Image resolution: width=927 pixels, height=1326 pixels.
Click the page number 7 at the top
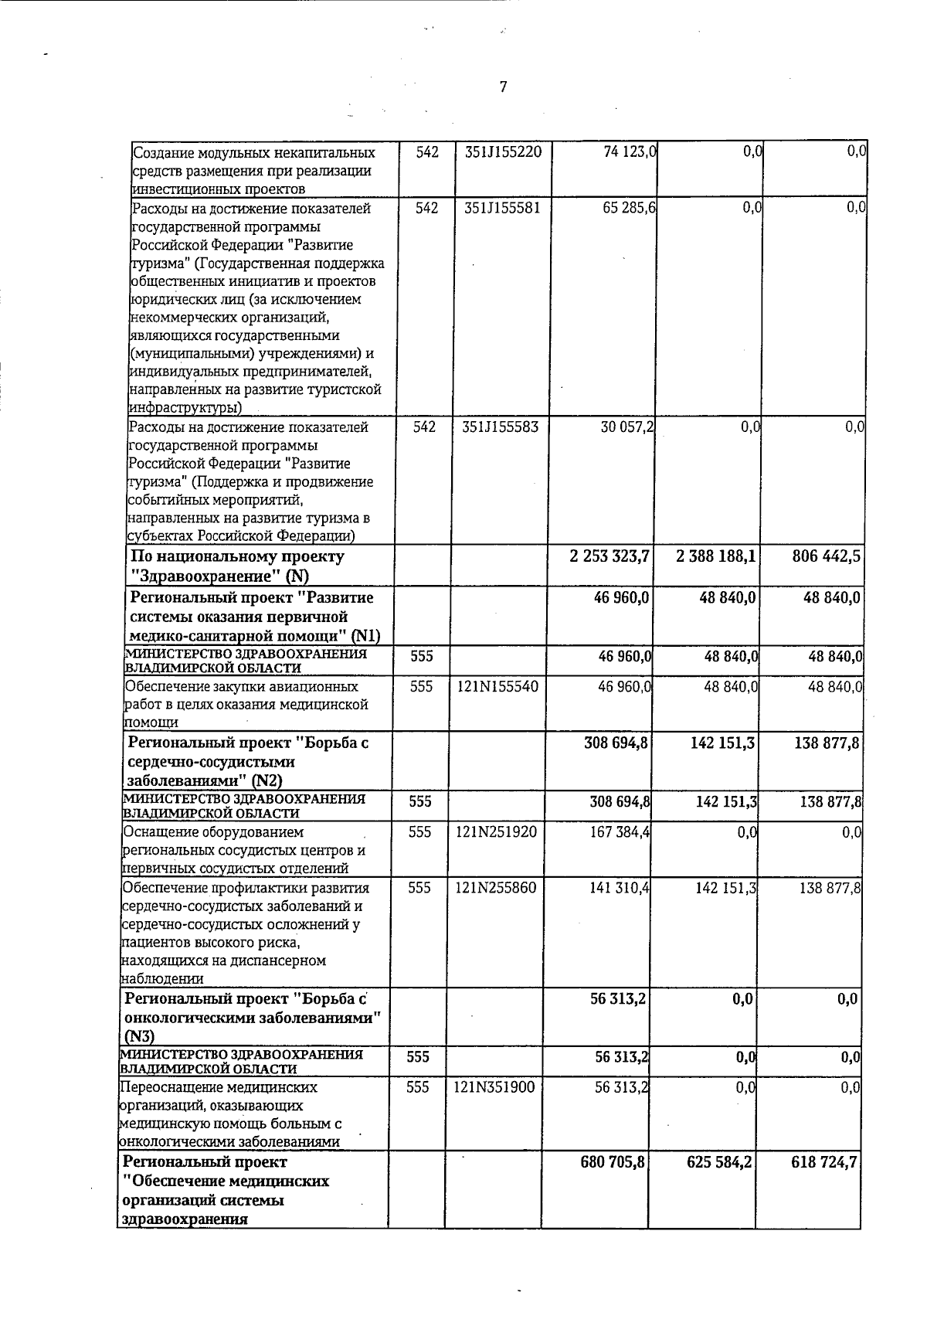503,87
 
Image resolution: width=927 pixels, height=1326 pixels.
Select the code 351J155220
503,153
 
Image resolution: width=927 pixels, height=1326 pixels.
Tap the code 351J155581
503,208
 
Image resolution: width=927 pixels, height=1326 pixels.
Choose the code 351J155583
500,427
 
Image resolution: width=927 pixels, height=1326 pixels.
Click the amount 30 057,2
627,427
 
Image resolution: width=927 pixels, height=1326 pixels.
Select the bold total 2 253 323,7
609,556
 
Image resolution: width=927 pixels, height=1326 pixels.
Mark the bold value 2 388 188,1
715,556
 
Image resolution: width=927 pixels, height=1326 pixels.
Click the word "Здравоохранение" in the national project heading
205,576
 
